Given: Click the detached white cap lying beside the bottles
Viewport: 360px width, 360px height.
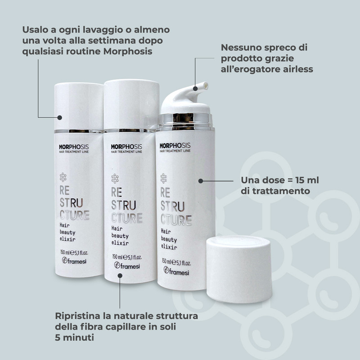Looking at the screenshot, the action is [239, 269].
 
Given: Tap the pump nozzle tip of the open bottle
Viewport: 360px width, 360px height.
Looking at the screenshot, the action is [206, 85].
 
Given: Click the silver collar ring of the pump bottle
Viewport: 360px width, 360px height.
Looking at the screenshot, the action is [185, 121].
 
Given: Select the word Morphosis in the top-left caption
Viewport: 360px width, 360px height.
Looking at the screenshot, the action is [128, 51].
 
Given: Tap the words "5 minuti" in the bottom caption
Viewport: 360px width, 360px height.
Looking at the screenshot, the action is [74, 337].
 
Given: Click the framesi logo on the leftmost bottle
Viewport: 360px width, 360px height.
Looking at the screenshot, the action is [74, 261].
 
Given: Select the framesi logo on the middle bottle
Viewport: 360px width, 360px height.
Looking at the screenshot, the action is [127, 265].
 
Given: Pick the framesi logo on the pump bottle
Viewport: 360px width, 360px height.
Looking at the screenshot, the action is [176, 271].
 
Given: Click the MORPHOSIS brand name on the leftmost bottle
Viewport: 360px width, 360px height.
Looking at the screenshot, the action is [74, 147].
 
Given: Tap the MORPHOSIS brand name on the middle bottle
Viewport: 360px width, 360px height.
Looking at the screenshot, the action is [126, 147].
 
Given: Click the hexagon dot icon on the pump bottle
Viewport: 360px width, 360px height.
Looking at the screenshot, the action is [163, 178].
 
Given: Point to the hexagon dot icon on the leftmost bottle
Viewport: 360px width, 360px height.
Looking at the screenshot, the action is [63, 177].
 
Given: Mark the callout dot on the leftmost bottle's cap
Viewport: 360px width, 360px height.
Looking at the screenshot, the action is [60, 117].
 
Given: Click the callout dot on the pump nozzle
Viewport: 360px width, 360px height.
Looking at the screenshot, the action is [195, 89].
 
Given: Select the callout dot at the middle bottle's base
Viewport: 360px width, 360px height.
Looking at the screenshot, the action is [120, 275].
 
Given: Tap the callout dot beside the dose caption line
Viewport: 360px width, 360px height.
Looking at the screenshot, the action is [201, 181].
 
